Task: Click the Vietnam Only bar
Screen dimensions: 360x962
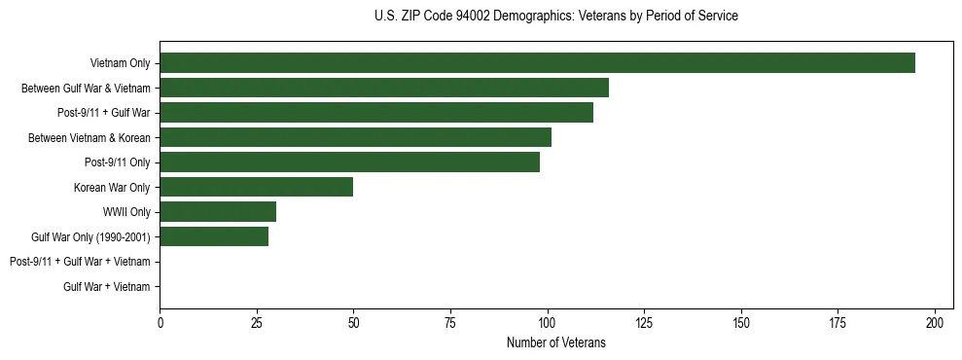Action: coord(537,63)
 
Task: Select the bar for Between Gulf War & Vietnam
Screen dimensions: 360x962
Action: coord(384,88)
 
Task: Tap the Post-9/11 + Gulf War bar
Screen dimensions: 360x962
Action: coord(376,113)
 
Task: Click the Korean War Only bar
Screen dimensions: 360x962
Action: coord(256,187)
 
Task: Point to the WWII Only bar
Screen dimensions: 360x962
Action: coord(218,211)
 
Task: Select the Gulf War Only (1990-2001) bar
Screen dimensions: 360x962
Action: coord(214,236)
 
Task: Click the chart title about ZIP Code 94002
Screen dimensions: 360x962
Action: coord(555,17)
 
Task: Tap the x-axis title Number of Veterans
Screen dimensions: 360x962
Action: coord(555,342)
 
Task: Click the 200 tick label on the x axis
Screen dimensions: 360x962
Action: coord(935,321)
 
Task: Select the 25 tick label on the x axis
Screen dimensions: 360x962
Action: coord(257,321)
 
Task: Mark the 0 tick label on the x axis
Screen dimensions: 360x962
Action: coord(160,321)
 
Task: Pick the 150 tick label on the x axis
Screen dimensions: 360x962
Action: coord(741,321)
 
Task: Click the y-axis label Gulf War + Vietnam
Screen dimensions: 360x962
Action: coord(106,286)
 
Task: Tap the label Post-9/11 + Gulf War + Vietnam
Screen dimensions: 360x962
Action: coord(80,262)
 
